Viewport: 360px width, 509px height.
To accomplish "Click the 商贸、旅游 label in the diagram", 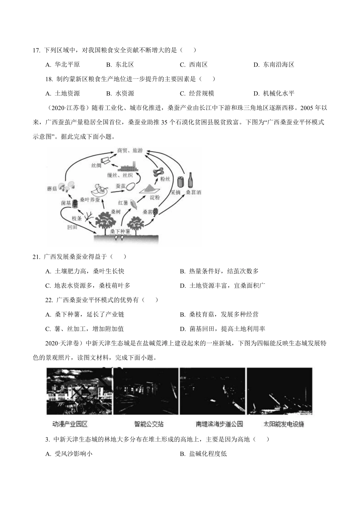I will [130, 150].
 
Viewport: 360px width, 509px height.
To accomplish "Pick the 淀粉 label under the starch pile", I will [154, 197].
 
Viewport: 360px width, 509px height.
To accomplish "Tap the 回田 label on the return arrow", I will [72, 228].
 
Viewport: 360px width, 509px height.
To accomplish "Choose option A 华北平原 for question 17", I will [63, 64].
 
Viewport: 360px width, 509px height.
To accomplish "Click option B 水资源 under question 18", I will [120, 93].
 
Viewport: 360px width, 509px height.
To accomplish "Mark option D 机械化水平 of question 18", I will [274, 93].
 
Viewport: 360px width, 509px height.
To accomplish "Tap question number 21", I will [36, 257].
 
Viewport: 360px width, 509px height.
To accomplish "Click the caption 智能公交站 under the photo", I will [149, 424].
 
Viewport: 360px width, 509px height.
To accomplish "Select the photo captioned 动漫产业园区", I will [79, 392].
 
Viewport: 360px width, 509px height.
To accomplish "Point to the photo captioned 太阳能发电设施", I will [280, 392].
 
